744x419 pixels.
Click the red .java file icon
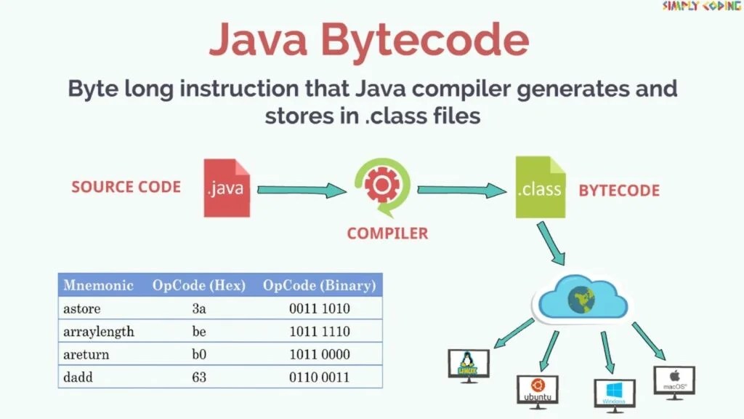pyautogui.click(x=227, y=188)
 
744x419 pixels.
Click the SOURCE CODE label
pyautogui.click(x=126, y=187)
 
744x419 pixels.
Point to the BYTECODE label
pyautogui.click(x=619, y=191)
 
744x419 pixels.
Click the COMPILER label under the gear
pyautogui.click(x=387, y=234)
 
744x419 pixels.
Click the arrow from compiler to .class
pyautogui.click(x=461, y=191)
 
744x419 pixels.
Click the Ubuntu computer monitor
pyautogui.click(x=537, y=391)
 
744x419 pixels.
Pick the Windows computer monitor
pyautogui.click(x=614, y=394)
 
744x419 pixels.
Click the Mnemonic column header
pyautogui.click(x=98, y=285)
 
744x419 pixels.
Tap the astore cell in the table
pyautogui.click(x=82, y=308)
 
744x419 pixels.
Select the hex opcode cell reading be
pyautogui.click(x=199, y=332)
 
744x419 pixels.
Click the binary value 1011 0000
pyautogui.click(x=320, y=355)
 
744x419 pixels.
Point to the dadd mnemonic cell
pyautogui.click(x=78, y=378)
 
